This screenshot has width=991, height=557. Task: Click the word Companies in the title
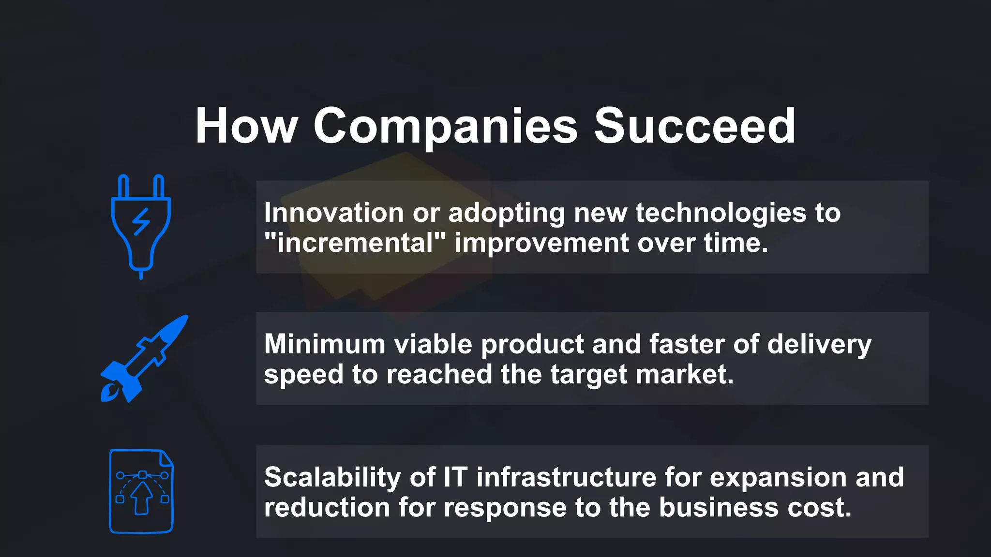click(x=445, y=127)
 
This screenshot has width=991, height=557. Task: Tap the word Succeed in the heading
click(x=694, y=127)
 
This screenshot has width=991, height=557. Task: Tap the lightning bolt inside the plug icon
click(x=141, y=222)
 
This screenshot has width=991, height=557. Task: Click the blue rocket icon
click(x=144, y=359)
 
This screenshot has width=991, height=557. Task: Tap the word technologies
click(x=721, y=213)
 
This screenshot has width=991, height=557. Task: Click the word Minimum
click(x=325, y=344)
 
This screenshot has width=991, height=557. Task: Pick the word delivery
click(x=819, y=344)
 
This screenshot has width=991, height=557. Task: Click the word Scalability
click(x=332, y=477)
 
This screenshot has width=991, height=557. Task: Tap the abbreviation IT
click(x=455, y=477)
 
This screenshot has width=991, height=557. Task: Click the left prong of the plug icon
click(x=123, y=187)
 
